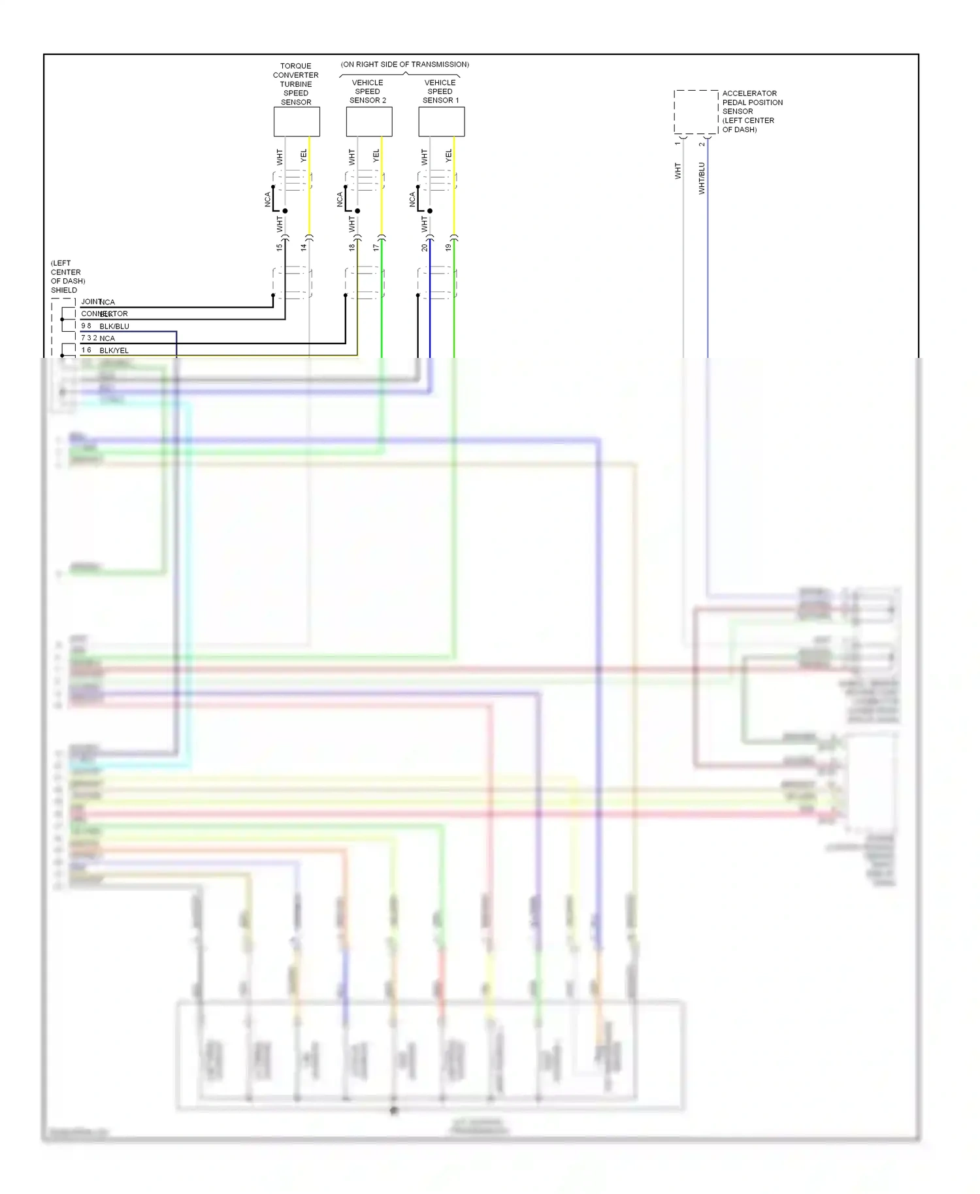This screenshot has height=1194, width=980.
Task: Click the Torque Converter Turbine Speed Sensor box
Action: coord(297,121)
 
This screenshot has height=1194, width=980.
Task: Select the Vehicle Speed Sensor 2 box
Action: coord(369,121)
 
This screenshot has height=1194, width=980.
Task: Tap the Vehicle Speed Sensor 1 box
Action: coord(442,121)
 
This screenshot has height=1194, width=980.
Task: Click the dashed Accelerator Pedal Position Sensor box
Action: coord(696,112)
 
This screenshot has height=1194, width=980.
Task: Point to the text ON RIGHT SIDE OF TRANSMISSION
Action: coord(405,64)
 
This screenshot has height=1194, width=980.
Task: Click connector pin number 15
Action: coord(280,247)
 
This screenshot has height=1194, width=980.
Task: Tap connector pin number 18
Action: coord(352,247)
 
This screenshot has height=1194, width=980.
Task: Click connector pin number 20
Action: coord(425,247)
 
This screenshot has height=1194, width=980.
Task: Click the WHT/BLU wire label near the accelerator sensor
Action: coord(702,178)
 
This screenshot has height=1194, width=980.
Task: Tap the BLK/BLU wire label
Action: coord(114,326)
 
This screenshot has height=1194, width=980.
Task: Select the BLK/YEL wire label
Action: coord(114,351)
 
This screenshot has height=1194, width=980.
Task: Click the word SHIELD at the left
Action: coord(64,290)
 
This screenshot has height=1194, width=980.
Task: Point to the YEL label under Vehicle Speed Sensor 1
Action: coord(449,156)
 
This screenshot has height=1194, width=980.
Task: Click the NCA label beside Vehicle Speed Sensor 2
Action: coord(340,199)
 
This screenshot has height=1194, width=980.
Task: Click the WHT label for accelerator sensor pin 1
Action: coord(678,171)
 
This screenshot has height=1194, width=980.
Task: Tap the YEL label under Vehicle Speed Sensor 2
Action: coord(376,156)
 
